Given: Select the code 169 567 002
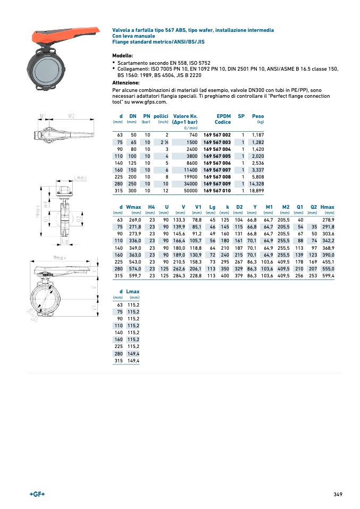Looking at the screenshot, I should (x=217, y=135).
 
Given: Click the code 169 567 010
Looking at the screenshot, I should (x=217, y=190).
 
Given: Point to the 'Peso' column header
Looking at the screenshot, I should (x=258, y=116).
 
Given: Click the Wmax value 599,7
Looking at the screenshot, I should (x=133, y=275).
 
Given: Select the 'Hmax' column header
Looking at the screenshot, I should (x=328, y=207).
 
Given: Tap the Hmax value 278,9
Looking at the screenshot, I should (x=328, y=220).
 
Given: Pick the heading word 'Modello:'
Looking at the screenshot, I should (x=122, y=56).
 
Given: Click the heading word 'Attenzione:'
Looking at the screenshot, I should (x=125, y=83).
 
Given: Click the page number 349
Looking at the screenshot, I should (x=338, y=494).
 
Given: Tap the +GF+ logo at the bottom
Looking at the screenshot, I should (x=37, y=494).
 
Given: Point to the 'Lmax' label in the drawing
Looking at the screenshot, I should (x=80, y=177).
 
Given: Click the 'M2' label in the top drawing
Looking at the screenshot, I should (x=71, y=115).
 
